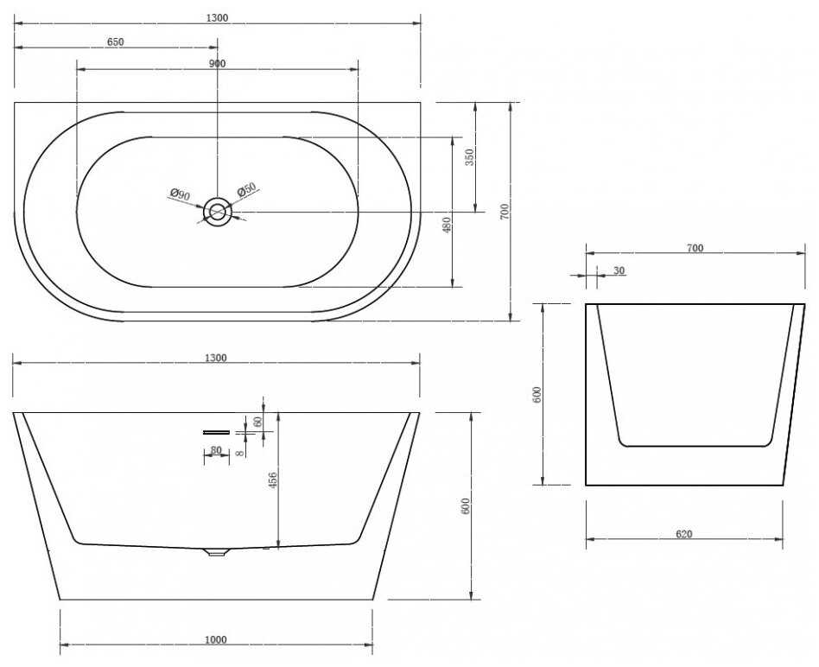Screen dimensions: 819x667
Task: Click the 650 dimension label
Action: [x=115, y=41]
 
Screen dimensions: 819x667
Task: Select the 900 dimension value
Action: [x=218, y=64]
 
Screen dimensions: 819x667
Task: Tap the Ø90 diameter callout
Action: [x=181, y=196]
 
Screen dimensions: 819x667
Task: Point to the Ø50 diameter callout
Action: [x=246, y=189]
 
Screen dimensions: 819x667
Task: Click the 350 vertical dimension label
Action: [x=470, y=157]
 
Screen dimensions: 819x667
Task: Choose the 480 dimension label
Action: [x=446, y=226]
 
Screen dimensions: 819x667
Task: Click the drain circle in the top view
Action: [x=218, y=212]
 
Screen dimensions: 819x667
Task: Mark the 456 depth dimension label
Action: [x=272, y=480]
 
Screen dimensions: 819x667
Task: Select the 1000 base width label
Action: [x=216, y=640]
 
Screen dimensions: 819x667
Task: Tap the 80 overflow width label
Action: [x=216, y=450]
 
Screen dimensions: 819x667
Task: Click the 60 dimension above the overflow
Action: [x=257, y=422]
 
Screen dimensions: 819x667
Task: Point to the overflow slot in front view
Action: [x=216, y=432]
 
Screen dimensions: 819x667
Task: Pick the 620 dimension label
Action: [x=683, y=534]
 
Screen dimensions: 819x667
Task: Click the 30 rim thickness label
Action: [x=619, y=270]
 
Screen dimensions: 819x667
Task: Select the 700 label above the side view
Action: [x=695, y=248]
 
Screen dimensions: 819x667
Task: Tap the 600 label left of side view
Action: [x=538, y=394]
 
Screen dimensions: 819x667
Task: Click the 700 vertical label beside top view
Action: [x=505, y=212]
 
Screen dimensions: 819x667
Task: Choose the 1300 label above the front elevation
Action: [x=216, y=358]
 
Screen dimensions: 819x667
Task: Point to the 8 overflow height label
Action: [x=239, y=454]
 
